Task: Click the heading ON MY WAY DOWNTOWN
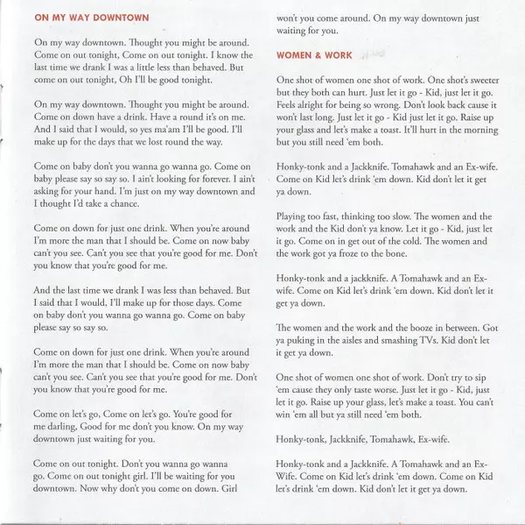point(91,17)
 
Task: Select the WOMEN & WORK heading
point(314,55)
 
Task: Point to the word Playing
point(295,215)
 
